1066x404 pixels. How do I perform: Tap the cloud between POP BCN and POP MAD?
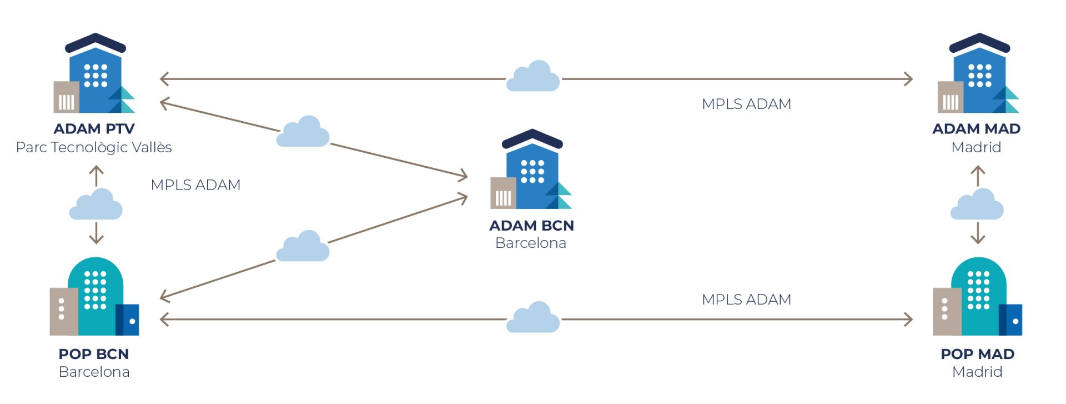533,318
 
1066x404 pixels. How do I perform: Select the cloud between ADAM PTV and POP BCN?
96,205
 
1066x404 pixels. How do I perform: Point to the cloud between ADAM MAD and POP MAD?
977,205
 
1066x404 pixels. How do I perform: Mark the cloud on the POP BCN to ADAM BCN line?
303,247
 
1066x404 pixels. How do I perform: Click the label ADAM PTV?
94,129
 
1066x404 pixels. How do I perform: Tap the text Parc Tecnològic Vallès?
94,147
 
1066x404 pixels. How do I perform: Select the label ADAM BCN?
531,226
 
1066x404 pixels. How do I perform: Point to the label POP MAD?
977,354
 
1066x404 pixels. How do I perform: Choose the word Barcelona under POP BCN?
94,372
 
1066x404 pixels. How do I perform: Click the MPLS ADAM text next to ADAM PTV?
195,184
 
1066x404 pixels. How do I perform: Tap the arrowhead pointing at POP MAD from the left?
908,320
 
